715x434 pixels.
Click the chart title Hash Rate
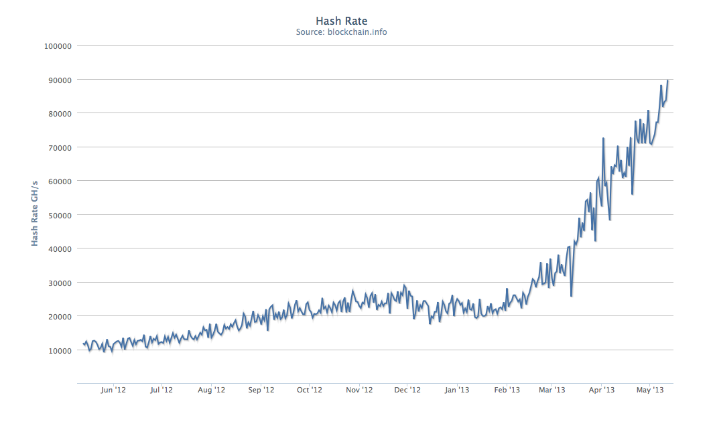(x=341, y=21)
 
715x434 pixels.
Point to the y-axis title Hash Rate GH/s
(x=34, y=212)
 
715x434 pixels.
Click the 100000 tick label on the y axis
(x=57, y=46)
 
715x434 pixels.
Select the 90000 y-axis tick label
(x=59, y=80)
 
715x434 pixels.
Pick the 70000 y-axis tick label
(x=59, y=147)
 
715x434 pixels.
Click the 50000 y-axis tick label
(x=59, y=215)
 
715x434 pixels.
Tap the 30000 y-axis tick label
(x=59, y=283)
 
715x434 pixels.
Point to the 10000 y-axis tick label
(x=59, y=350)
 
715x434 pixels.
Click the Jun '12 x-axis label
(x=113, y=390)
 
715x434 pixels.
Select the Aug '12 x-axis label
(x=211, y=390)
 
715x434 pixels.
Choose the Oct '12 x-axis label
(x=310, y=390)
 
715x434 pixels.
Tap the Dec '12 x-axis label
(x=407, y=390)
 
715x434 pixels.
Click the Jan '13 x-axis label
(x=457, y=390)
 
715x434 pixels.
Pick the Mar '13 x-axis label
(x=552, y=390)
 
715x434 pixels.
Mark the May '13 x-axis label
(x=650, y=390)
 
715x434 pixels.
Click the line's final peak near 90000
(x=668, y=81)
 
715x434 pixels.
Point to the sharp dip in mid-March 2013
(x=571, y=295)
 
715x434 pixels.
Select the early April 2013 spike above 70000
(x=604, y=139)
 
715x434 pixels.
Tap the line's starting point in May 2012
(x=83, y=344)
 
